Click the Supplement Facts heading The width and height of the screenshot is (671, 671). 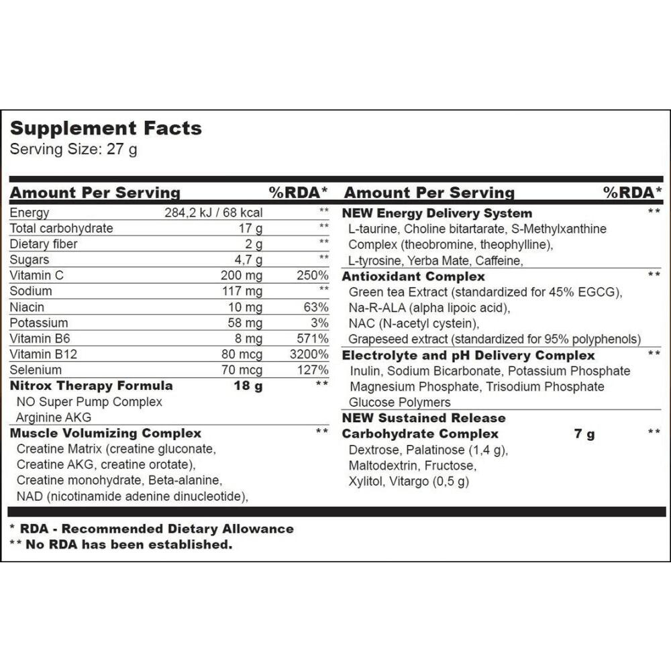pos(105,128)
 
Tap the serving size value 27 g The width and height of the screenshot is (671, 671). pos(122,149)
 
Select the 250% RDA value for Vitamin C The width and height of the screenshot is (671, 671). pos(312,276)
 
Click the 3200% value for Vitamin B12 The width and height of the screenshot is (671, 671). pos(309,354)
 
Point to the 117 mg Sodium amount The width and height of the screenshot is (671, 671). pos(242,291)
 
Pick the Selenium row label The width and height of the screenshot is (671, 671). pos(36,370)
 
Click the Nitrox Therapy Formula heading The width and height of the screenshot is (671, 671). pos(91,386)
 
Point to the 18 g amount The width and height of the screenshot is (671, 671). pos(248,386)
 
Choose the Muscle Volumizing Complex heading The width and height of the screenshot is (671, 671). pos(105,433)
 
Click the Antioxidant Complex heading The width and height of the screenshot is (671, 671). pos(413,276)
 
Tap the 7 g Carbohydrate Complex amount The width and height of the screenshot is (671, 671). pos(584,434)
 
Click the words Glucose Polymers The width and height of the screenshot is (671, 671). pos(400,403)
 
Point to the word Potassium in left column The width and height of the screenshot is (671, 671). pos(39,323)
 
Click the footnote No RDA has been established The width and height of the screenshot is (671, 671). pos(129,544)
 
